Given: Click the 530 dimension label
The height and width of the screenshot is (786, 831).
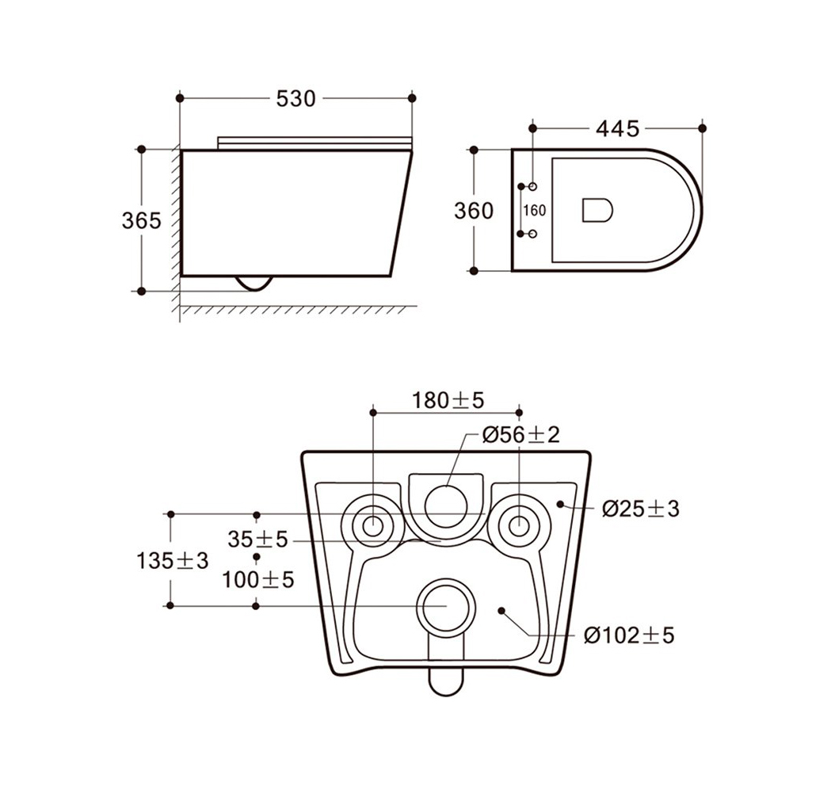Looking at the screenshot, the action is [295, 98].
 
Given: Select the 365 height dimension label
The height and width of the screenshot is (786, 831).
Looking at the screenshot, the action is [142, 220].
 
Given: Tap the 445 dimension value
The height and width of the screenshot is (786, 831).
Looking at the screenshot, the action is [618, 129].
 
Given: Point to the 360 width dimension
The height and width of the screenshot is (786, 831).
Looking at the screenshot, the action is [474, 211].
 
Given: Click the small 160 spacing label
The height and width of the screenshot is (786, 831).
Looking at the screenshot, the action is [534, 211].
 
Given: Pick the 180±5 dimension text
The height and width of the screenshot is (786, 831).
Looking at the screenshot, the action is [448, 401].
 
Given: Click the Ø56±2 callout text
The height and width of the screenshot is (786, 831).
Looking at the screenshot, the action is [521, 435].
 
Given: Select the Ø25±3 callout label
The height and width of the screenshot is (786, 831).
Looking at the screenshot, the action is [641, 509].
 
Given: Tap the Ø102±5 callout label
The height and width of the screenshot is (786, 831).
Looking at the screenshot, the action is [629, 635].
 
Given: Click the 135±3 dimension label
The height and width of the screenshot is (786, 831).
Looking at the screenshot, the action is [173, 560].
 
